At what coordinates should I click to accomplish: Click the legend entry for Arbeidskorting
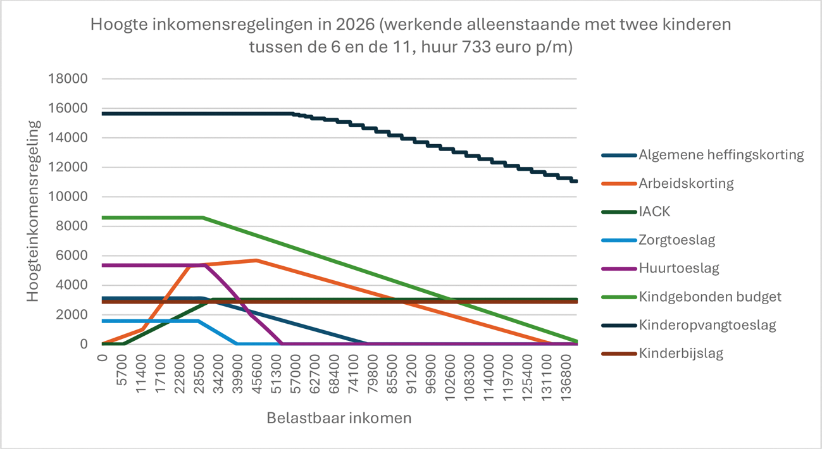(687, 183)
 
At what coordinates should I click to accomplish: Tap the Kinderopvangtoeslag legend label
(707, 325)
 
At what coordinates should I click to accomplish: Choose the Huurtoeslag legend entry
(678, 268)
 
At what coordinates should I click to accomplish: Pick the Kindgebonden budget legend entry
(710, 297)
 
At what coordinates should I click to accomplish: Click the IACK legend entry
(654, 212)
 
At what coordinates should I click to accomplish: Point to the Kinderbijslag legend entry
(681, 353)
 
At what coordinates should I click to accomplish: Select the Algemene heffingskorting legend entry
(721, 155)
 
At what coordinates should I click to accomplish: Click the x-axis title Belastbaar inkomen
(339, 418)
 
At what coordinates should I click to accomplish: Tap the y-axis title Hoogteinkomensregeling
(34, 211)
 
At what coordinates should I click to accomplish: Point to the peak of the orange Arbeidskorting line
(256, 260)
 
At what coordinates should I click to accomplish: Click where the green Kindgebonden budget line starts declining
(202, 218)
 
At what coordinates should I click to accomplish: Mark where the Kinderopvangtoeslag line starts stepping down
(293, 114)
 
